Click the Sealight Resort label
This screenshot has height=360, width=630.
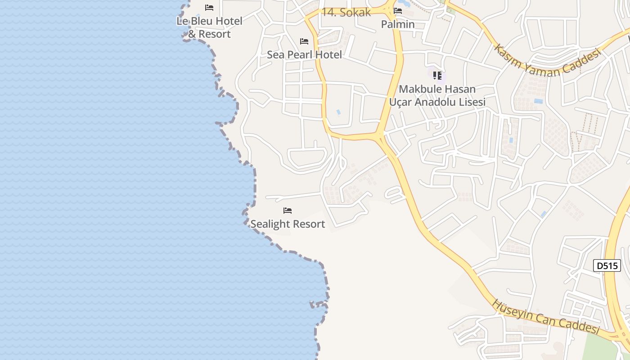[288, 224]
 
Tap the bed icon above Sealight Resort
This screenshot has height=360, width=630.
[288, 210]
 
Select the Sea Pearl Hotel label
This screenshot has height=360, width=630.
[304, 54]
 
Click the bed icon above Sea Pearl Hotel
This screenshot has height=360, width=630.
[304, 41]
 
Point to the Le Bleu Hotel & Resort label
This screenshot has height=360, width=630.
[209, 27]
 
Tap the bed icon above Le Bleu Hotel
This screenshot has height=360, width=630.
[209, 8]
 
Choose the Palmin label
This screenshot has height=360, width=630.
[398, 24]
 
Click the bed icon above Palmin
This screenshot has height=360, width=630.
[398, 11]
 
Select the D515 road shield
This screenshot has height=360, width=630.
[607, 265]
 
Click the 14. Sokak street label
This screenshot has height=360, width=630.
[346, 12]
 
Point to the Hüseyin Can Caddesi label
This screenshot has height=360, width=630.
[546, 317]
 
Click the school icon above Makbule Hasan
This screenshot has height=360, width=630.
[437, 75]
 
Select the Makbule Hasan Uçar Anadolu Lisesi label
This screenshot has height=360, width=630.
[437, 95]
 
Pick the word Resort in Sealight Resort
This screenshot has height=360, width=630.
[308, 224]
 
